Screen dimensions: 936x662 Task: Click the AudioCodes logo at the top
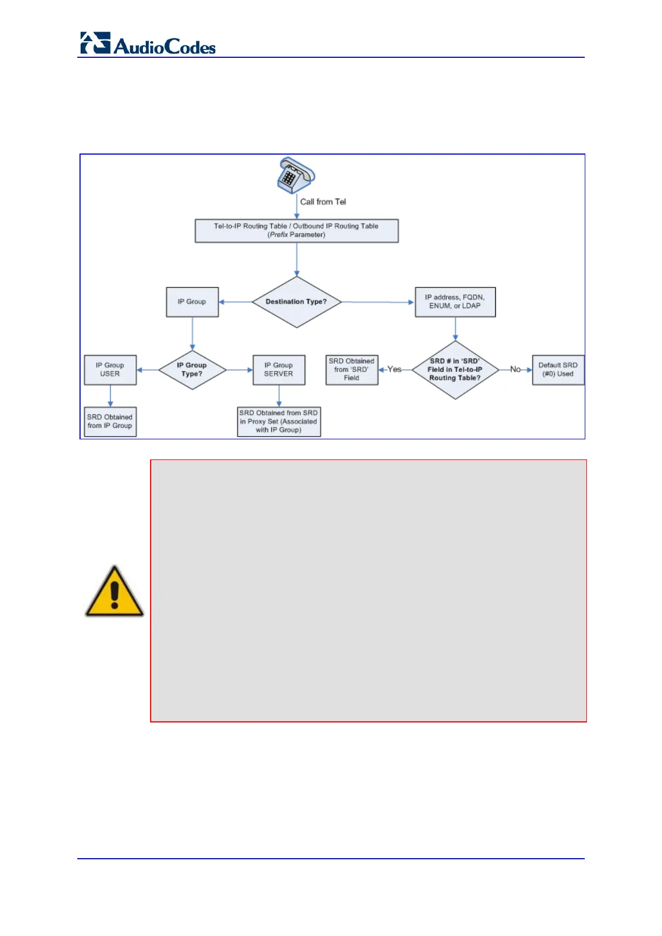[148, 43]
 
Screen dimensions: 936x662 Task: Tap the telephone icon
[296, 175]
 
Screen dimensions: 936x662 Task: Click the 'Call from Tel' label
[323, 202]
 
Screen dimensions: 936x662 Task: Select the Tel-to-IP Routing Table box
[296, 230]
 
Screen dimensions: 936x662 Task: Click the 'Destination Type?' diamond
[296, 302]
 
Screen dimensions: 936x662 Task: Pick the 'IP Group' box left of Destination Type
[192, 302]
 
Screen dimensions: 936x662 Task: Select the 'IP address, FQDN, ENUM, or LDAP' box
[455, 302]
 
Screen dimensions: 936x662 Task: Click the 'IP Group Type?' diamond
[192, 370]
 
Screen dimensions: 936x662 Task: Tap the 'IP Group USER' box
[110, 370]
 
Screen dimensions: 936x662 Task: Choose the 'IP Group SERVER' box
[278, 370]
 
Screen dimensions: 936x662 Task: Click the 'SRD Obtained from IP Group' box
[110, 422]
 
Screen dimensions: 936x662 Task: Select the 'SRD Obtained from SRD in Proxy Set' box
[278, 422]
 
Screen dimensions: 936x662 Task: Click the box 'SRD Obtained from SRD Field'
[351, 370]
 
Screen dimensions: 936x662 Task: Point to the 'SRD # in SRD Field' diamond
[455, 370]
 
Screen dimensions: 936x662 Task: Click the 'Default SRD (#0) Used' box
[558, 370]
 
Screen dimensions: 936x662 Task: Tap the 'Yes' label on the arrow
[394, 369]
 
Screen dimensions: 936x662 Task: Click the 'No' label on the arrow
[515, 369]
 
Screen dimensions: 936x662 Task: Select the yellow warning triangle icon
[114, 592]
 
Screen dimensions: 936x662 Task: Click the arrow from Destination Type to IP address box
[378, 302]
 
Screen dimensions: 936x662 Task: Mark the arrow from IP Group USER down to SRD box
[110, 396]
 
